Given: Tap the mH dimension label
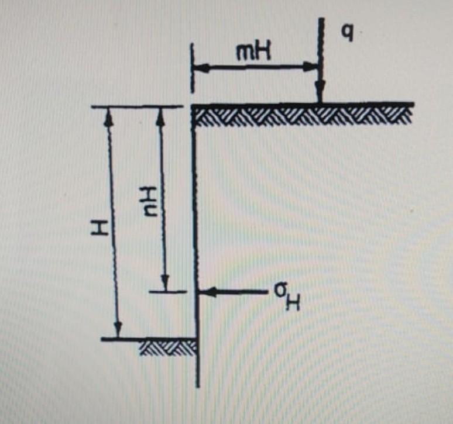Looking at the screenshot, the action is [252, 54].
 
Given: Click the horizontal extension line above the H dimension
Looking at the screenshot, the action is [135, 106].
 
